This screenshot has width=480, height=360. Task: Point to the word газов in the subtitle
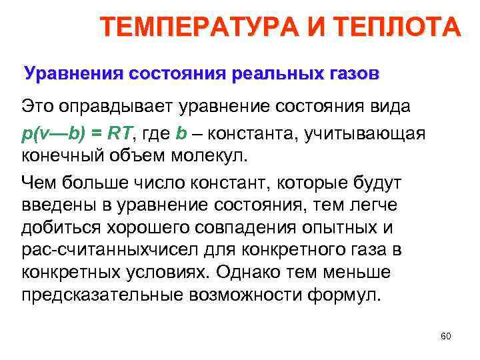tap(349, 73)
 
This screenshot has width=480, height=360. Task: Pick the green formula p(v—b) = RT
tap(77, 133)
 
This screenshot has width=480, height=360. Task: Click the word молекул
tap(209, 158)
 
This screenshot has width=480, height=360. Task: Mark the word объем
tap(131, 158)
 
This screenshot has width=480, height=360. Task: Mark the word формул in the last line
tap(344, 297)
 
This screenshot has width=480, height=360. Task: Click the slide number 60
tap(446, 336)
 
